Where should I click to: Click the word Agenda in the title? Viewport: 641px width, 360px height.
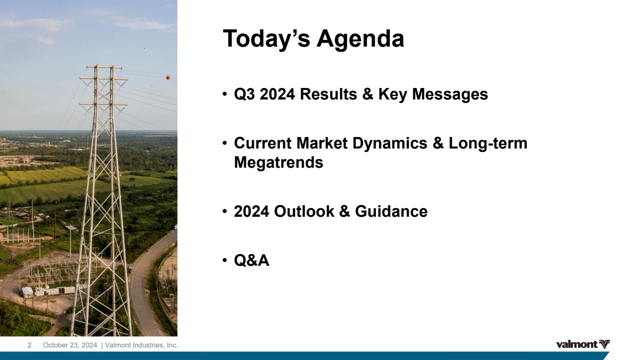coord(360,39)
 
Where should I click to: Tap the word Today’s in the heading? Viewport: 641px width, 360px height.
coord(266,39)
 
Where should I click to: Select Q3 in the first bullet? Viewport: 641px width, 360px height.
coord(244,94)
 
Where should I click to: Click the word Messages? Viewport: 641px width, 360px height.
coord(450,94)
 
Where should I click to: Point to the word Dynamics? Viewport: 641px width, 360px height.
coord(390,144)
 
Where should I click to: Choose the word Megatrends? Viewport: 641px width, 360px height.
coord(279,163)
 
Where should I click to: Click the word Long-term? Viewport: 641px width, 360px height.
coord(488,144)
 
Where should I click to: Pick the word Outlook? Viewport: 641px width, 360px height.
coord(304,211)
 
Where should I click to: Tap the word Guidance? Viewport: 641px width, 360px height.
coord(391,211)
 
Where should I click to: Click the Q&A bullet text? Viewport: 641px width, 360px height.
coord(251,261)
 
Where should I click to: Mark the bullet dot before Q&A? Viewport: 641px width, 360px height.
coord(225,260)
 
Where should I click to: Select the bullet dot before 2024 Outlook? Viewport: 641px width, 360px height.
coord(225,211)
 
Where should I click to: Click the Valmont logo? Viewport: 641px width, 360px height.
coord(583,344)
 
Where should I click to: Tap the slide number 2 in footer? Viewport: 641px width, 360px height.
coord(29,345)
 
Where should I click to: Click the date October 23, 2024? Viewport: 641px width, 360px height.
coord(70,345)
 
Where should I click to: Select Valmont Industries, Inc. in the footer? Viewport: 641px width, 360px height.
coord(141,345)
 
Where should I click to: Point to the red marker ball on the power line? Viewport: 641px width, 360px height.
coord(168,78)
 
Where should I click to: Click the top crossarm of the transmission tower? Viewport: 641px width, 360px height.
coord(104,67)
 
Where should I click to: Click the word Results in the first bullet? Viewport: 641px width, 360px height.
coord(328,94)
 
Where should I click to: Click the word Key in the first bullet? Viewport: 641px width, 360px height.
coord(392,95)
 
